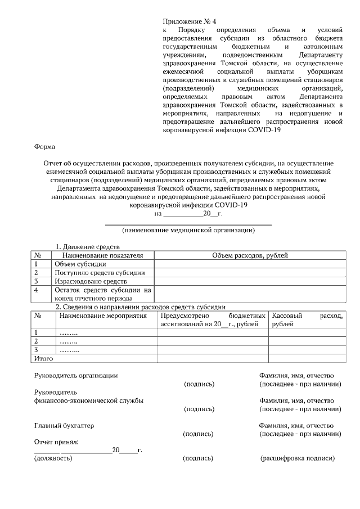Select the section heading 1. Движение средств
click(x=87, y=247)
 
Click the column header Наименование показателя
click(x=95, y=255)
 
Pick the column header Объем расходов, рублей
click(x=250, y=255)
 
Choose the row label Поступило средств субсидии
click(x=100, y=272)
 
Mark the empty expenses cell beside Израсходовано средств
click(x=250, y=281)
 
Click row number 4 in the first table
click(x=37, y=290)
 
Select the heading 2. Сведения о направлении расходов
click(x=141, y=307)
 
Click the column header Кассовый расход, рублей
click(x=307, y=319)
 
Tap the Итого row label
click(x=44, y=358)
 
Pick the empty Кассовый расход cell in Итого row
click(x=307, y=358)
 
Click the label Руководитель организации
click(x=76, y=375)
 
